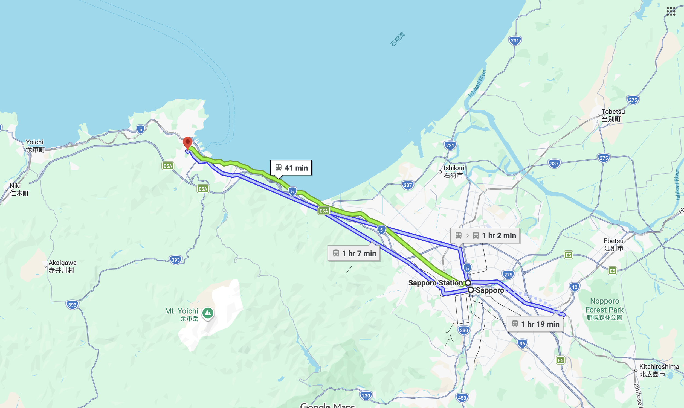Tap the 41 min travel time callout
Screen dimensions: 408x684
[x=291, y=168]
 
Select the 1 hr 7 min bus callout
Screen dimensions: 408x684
[x=354, y=253]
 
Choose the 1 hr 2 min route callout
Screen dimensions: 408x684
[x=485, y=236]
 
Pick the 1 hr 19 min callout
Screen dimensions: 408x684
[x=535, y=324]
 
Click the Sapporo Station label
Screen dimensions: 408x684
[x=435, y=283]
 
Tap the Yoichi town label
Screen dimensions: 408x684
[x=35, y=146]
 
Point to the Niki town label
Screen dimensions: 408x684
[x=18, y=190]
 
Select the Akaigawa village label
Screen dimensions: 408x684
[x=62, y=266]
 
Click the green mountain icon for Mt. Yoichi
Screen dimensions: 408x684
[x=208, y=313]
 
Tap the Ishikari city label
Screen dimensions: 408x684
[x=454, y=171]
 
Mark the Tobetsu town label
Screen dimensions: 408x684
[x=613, y=115]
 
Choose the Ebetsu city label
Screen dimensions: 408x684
[x=613, y=244]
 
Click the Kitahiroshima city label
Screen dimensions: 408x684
[x=659, y=370]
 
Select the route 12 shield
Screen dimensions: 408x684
[x=575, y=287]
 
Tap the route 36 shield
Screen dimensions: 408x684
[x=522, y=343]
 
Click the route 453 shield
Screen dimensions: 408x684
[x=462, y=398]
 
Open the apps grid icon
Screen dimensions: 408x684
[x=671, y=11]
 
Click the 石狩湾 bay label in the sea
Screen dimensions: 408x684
[x=398, y=39]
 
